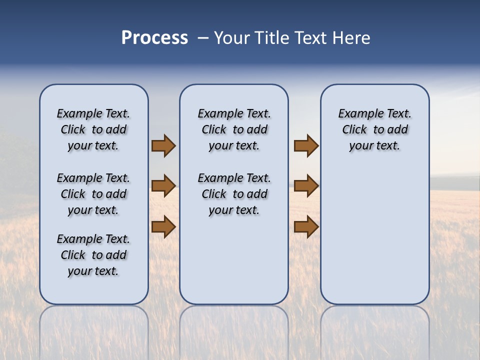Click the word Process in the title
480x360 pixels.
(x=154, y=38)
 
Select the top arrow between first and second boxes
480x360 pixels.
(x=163, y=145)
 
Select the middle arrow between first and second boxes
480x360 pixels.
(x=163, y=186)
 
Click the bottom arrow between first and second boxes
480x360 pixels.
(x=163, y=226)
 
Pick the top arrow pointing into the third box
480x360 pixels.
(x=306, y=145)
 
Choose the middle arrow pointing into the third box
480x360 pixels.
(x=306, y=186)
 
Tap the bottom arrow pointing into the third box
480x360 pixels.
(x=306, y=226)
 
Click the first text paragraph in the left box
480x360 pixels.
(x=93, y=129)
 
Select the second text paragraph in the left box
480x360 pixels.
(x=93, y=194)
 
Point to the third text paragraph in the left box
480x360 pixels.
(x=93, y=255)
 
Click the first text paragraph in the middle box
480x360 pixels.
(x=234, y=129)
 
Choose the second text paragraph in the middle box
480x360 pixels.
(x=234, y=194)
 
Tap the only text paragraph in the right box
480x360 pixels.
(x=374, y=129)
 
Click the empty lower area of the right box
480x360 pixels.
(x=374, y=235)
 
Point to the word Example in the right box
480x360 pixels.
(x=357, y=114)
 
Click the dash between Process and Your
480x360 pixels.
(x=203, y=38)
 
